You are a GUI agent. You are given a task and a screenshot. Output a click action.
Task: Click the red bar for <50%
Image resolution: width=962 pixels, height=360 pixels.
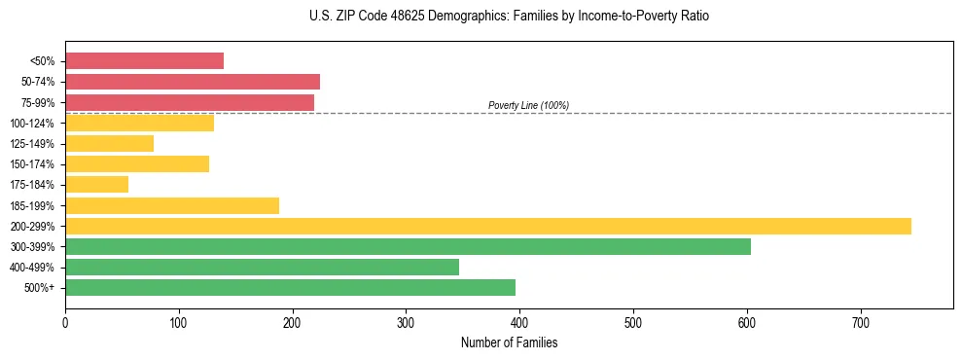(x=144, y=61)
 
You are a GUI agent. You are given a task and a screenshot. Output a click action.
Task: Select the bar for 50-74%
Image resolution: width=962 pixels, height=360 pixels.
(x=192, y=82)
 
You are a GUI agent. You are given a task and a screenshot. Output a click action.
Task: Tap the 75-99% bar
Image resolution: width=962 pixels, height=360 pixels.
(x=189, y=102)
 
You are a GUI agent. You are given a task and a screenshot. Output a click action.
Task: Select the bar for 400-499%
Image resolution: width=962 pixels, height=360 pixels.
(x=262, y=267)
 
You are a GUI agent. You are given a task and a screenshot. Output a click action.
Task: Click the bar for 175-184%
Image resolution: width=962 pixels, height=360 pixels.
(x=96, y=185)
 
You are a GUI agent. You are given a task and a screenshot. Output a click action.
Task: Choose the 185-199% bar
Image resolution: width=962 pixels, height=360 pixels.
(x=172, y=205)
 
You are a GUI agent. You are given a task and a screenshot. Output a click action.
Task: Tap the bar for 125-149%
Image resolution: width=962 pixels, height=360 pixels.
(x=109, y=144)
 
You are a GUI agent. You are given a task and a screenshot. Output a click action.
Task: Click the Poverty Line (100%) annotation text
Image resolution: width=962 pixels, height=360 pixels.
(x=528, y=105)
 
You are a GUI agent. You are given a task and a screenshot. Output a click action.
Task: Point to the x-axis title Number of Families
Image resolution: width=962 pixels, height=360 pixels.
(x=509, y=343)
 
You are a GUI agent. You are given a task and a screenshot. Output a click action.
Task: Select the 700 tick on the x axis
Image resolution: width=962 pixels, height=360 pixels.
(x=860, y=322)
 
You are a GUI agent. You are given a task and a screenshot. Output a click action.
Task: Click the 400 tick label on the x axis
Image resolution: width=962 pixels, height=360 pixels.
(x=519, y=322)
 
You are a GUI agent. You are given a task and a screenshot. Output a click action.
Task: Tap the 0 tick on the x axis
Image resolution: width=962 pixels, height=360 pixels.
(x=65, y=322)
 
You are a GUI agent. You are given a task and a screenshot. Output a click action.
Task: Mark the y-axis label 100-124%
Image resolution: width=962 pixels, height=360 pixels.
(x=32, y=124)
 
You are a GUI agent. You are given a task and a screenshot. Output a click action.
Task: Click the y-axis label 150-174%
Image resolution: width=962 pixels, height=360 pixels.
(x=32, y=164)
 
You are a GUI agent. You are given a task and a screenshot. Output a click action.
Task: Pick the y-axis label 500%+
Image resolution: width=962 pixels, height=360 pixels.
(x=40, y=288)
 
